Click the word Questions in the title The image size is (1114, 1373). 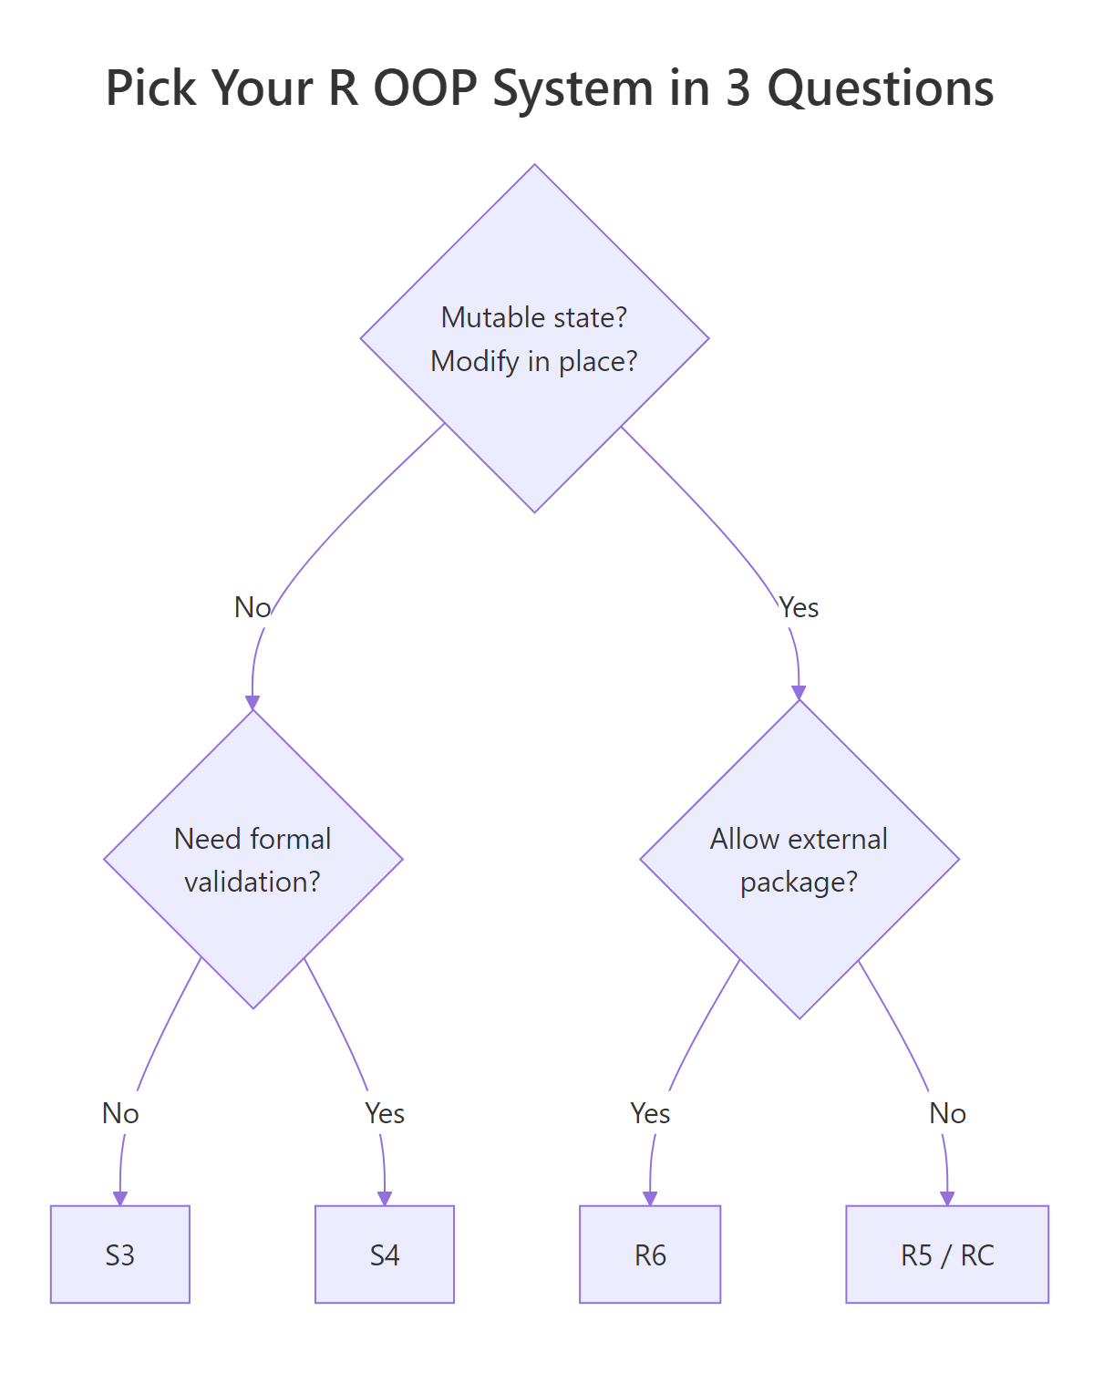pos(880,88)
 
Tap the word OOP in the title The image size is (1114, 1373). pos(426,88)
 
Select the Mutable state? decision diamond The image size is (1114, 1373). pos(534,338)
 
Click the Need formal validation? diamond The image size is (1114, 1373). pos(253,859)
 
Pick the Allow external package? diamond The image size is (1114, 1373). pos(799,859)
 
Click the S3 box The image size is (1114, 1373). pos(119,1254)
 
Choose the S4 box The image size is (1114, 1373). pos(384,1254)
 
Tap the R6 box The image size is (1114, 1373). pos(650,1254)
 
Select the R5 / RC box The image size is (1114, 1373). pos(947,1254)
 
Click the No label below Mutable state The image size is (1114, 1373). pos(253,607)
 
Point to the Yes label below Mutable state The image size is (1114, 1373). pos(799,607)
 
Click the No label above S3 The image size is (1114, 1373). pos(119,1113)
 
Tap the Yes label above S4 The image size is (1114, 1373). pos(384,1113)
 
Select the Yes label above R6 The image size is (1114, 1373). pos(650,1113)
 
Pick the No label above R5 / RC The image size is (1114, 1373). pos(947,1113)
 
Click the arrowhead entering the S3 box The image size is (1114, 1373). pos(119,1198)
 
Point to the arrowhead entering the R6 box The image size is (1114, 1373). pos(650,1198)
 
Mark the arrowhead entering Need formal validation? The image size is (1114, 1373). pos(253,703)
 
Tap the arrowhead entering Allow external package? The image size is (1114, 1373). pos(799,693)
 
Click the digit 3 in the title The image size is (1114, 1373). pos(738,88)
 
